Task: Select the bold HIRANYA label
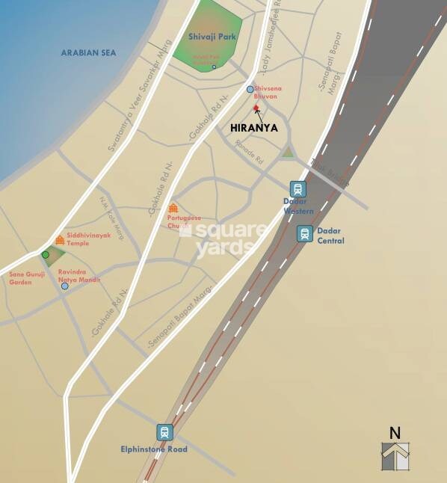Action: [x=254, y=128]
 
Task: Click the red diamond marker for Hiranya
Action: [x=256, y=108]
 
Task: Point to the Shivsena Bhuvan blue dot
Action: [x=250, y=89]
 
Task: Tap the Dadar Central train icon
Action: [x=304, y=233]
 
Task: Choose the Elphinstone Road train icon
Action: [x=164, y=432]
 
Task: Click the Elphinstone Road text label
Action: [x=154, y=449]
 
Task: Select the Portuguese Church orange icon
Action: [x=173, y=208]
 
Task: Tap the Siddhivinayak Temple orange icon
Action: [x=60, y=239]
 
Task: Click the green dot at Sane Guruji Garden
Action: [x=45, y=255]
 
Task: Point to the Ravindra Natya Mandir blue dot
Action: [x=65, y=286]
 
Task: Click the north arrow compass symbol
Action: [x=395, y=456]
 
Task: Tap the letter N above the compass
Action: [x=395, y=432]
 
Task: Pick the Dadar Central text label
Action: [x=331, y=236]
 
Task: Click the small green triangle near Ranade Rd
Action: [x=288, y=153]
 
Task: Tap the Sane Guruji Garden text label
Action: [x=27, y=278]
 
